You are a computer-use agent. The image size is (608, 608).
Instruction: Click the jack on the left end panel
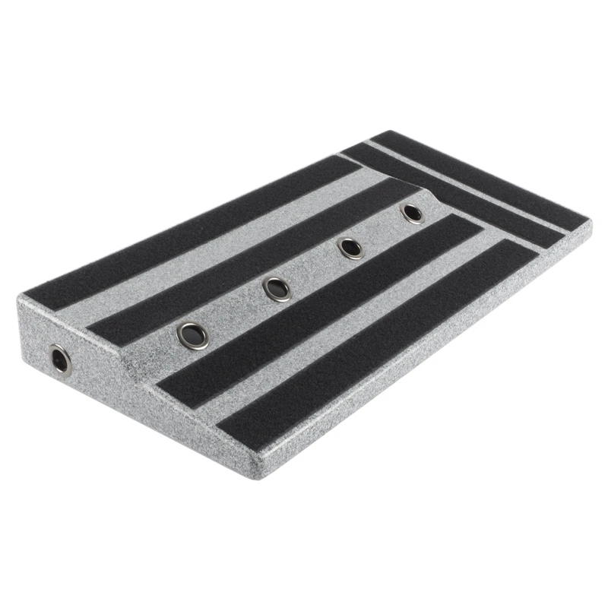pos(59,359)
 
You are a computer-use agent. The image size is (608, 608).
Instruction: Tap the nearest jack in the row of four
pos(192,334)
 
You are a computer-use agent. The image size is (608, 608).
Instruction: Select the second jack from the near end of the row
pos(276,288)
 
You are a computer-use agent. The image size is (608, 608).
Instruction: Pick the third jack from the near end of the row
pos(350,248)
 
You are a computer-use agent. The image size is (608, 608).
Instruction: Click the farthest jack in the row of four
pos(413,213)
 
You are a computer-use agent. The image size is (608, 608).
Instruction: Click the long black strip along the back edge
pos(190,228)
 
